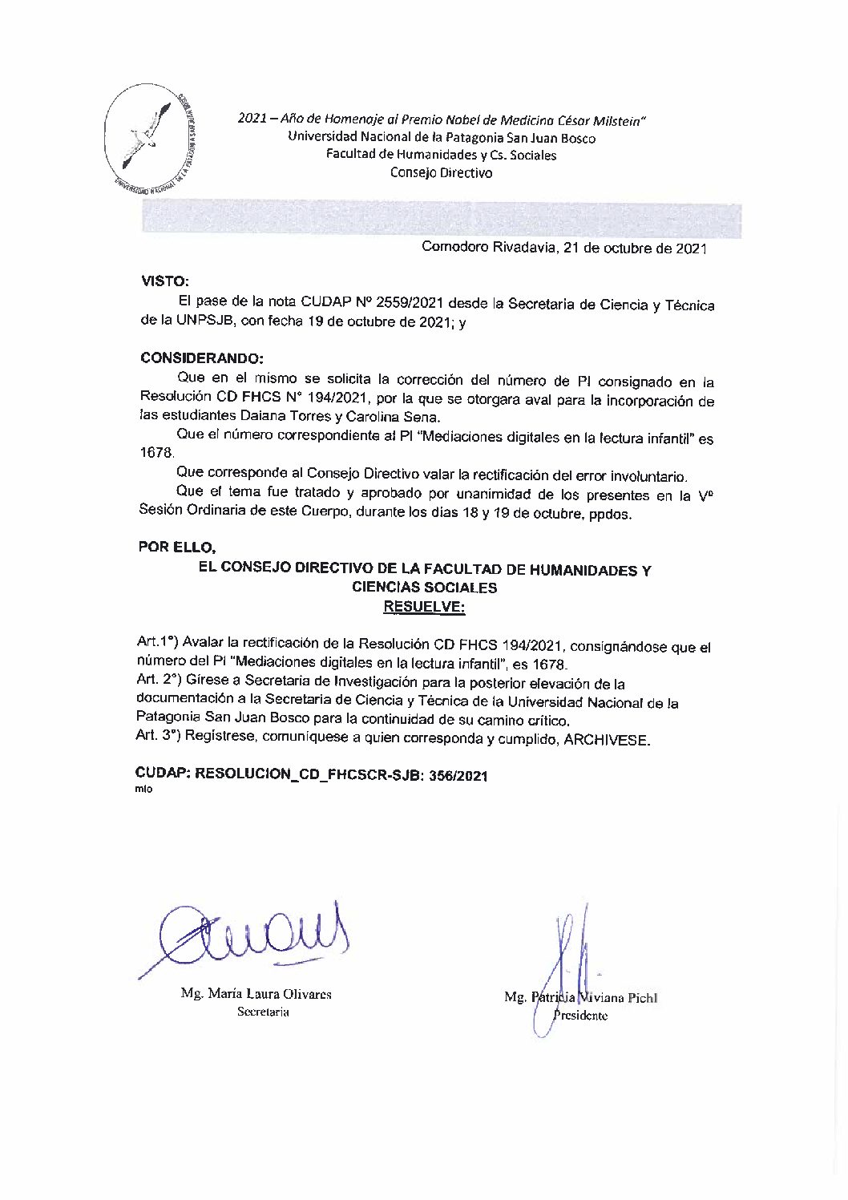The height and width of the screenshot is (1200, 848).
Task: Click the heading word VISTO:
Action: (165, 281)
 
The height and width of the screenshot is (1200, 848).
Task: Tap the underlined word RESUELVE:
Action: (424, 607)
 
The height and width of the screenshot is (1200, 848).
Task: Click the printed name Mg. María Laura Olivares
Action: (256, 994)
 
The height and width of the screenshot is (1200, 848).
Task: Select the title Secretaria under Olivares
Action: (263, 1012)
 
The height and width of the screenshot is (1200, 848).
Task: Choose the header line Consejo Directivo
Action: (441, 172)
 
